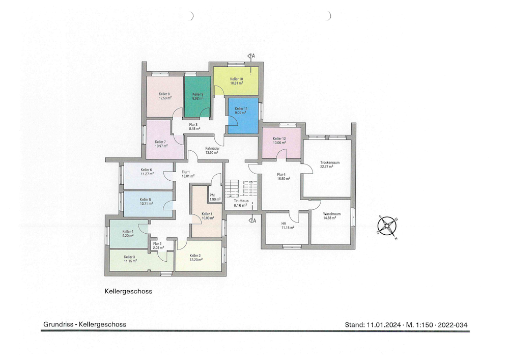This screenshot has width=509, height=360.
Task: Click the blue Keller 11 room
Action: point(243,116)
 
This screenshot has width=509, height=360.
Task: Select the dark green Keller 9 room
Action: point(197,96)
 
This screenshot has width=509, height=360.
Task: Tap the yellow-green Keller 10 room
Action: point(236,81)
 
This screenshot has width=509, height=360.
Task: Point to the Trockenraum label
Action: point(329,162)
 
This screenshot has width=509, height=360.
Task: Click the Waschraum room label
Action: point(332,214)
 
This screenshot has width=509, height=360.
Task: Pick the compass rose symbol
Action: point(387,226)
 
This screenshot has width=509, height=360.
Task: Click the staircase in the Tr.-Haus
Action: point(241,189)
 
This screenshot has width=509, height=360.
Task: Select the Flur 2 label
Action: point(157,244)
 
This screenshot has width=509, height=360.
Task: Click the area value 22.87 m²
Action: point(327,167)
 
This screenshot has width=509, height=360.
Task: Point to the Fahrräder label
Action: point(212,148)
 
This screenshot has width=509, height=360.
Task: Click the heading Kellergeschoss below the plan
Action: point(128,291)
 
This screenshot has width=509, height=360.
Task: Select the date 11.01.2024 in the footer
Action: point(384,325)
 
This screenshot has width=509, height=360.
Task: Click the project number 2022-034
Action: point(453,325)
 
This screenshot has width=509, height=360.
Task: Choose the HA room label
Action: point(284,224)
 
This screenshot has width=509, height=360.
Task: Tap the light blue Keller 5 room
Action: point(148,204)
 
